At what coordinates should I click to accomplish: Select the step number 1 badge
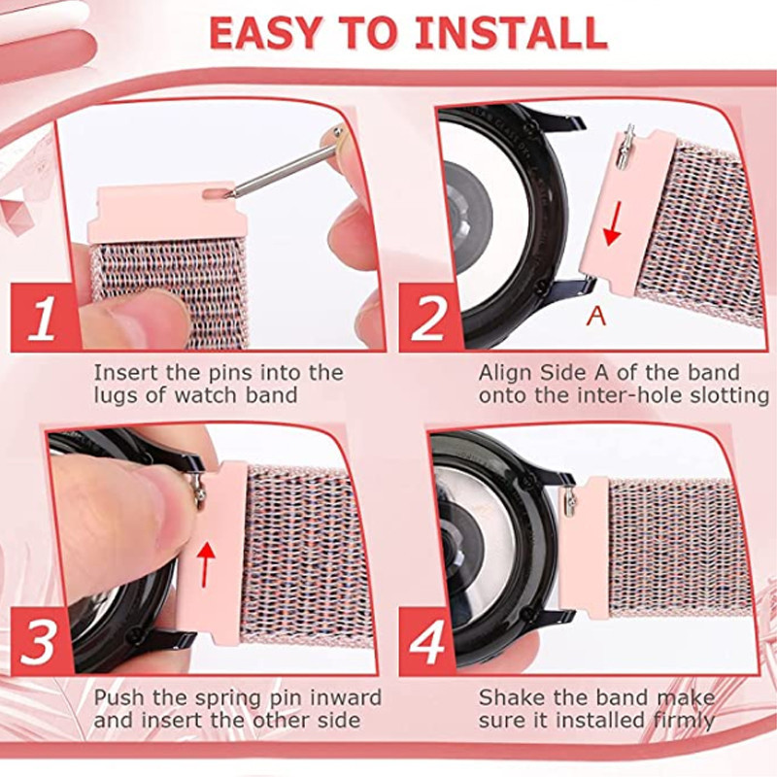(45, 318)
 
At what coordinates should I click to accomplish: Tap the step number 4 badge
(427, 640)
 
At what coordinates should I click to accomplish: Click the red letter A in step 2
(595, 315)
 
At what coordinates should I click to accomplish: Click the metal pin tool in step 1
(287, 161)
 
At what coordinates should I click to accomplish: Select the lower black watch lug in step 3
(168, 636)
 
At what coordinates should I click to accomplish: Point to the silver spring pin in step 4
(569, 501)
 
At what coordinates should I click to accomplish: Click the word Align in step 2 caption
(505, 374)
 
